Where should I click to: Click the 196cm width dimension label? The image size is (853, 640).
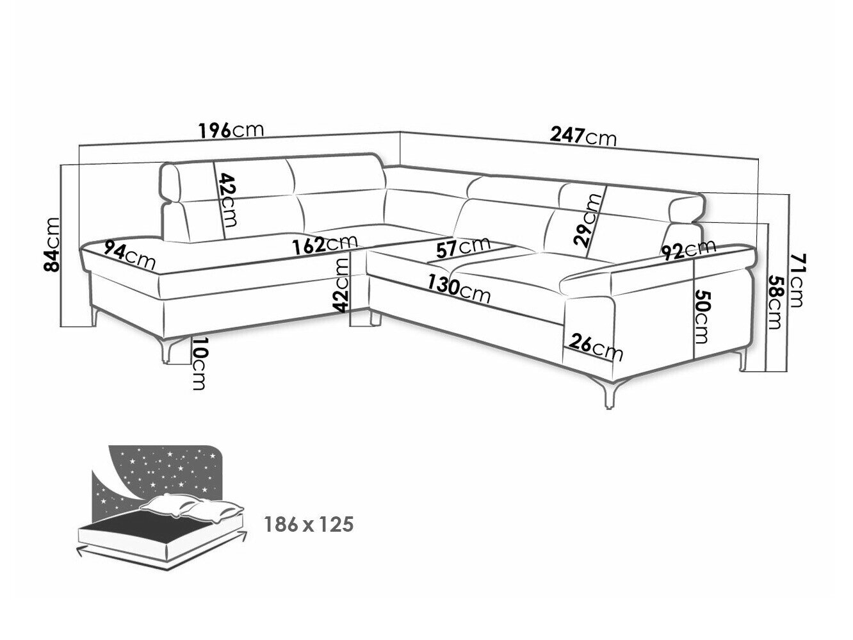tap(231, 131)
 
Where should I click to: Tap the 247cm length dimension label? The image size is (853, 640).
tap(583, 137)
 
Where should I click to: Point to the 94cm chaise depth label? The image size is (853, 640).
tap(130, 254)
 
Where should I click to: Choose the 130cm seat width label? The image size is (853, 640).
tap(459, 290)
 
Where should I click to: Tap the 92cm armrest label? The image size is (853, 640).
tap(688, 249)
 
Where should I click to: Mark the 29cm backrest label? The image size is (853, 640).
tap(588, 220)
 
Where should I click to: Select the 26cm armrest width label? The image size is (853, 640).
tap(596, 347)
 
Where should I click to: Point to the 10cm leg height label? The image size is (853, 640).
tap(198, 363)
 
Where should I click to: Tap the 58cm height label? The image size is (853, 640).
tap(774, 302)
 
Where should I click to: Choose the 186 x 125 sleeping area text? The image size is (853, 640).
tap(309, 524)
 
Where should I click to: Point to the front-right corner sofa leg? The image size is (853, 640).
tap(610, 393)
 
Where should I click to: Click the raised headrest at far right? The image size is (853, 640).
tap(686, 208)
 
